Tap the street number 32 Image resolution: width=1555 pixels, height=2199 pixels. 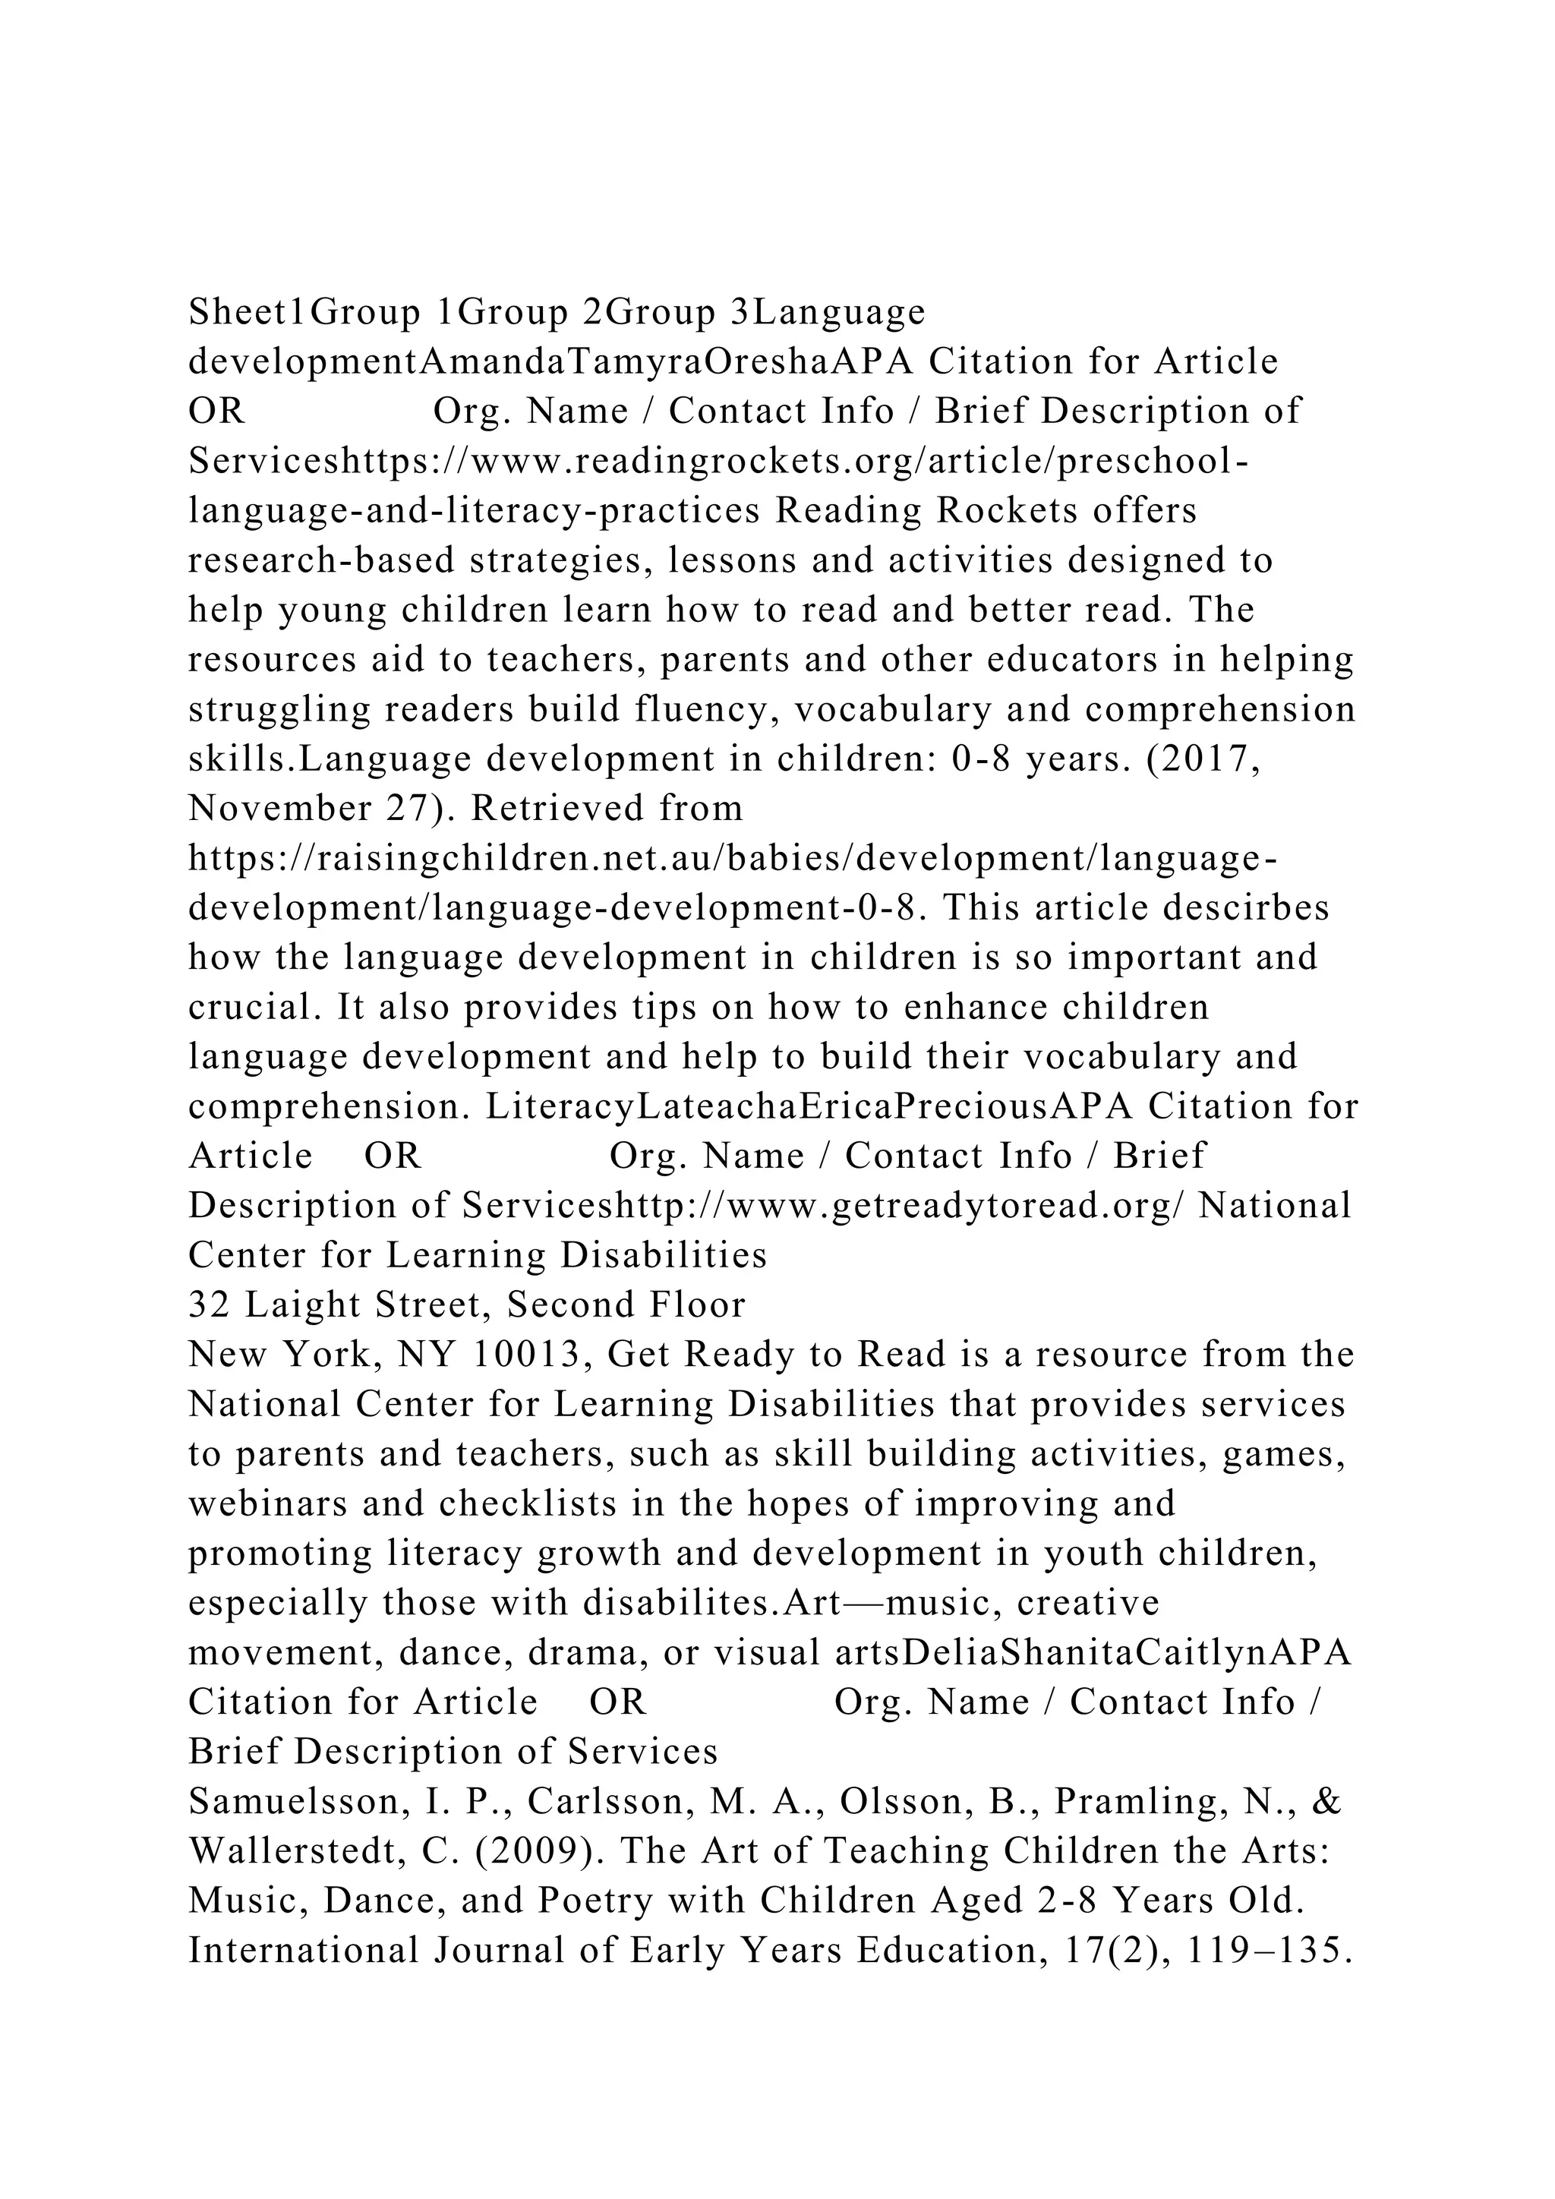(205, 1305)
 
